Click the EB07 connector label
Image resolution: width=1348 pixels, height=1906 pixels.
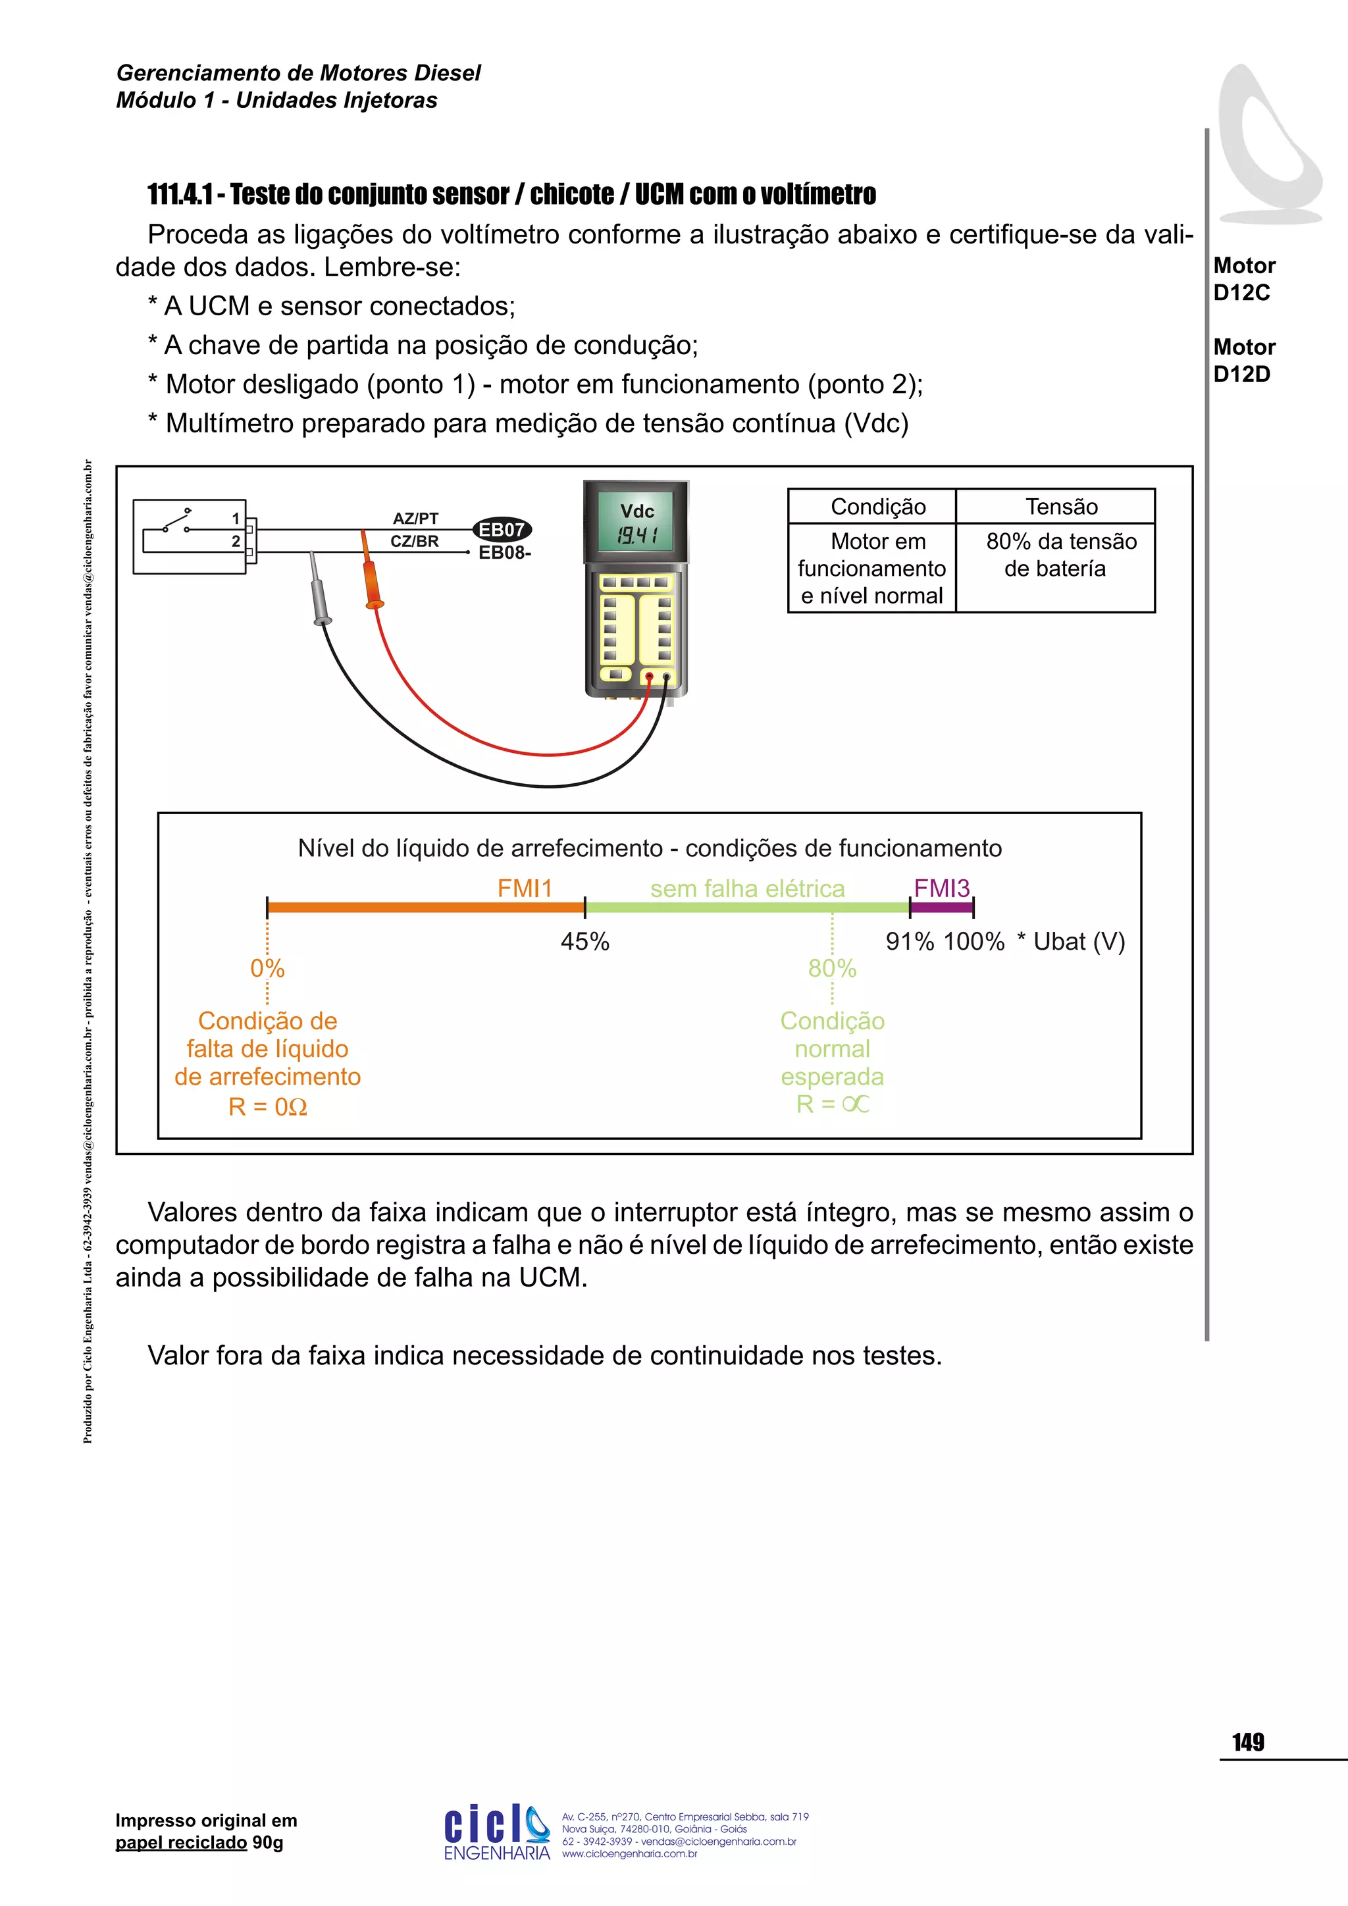[x=502, y=530]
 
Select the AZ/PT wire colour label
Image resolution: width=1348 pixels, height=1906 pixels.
[x=415, y=518]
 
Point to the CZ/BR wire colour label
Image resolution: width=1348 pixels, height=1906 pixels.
[x=414, y=541]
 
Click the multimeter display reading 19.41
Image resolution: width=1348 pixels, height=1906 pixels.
[x=636, y=536]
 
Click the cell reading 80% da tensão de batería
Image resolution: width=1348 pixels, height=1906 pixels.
[x=1061, y=555]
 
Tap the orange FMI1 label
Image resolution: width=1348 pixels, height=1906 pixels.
[x=525, y=889]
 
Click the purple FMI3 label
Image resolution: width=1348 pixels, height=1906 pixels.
[x=941, y=889]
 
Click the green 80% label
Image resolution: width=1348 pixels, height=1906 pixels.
[x=832, y=968]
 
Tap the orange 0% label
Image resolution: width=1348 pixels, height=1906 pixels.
[x=267, y=968]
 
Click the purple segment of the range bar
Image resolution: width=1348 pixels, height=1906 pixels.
[x=941, y=908]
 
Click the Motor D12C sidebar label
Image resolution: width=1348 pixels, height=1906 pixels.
[x=1243, y=279]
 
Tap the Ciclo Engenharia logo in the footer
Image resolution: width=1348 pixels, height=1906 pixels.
[x=496, y=1832]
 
